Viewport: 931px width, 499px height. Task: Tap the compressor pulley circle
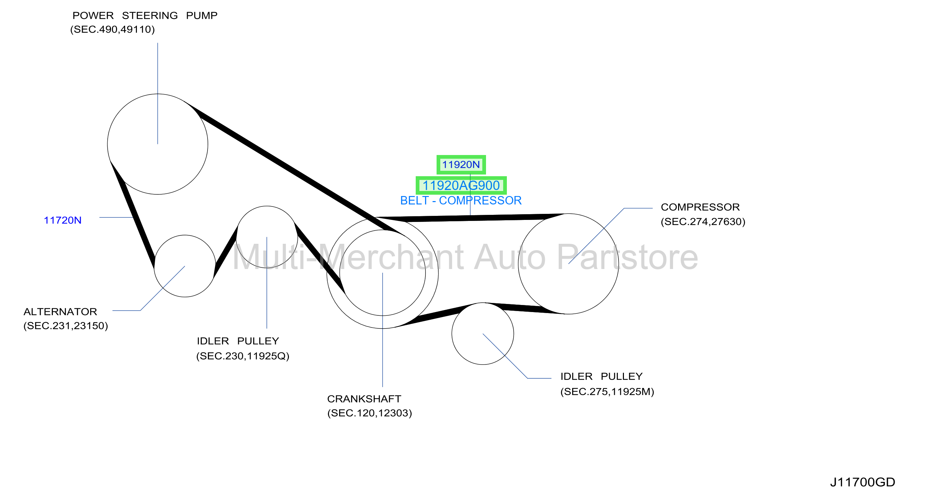[619, 264]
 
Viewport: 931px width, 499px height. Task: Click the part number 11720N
[63, 220]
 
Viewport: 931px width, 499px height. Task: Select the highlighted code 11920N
[461, 165]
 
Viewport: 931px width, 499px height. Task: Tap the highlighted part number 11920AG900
[461, 185]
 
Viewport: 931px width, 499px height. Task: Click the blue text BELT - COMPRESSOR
[461, 200]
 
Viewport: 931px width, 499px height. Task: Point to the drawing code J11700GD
[862, 482]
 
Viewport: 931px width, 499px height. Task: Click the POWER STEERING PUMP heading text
[145, 15]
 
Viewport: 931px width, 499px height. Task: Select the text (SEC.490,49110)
[112, 30]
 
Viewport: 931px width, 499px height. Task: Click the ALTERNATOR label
[60, 311]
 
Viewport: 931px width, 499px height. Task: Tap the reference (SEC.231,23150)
[66, 326]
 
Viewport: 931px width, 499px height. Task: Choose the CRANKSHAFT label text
[364, 399]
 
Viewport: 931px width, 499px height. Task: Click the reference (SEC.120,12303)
[370, 413]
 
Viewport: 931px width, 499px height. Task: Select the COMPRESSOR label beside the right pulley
[700, 207]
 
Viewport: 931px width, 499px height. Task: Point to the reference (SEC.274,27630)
[703, 222]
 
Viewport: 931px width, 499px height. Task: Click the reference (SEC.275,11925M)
[607, 392]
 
